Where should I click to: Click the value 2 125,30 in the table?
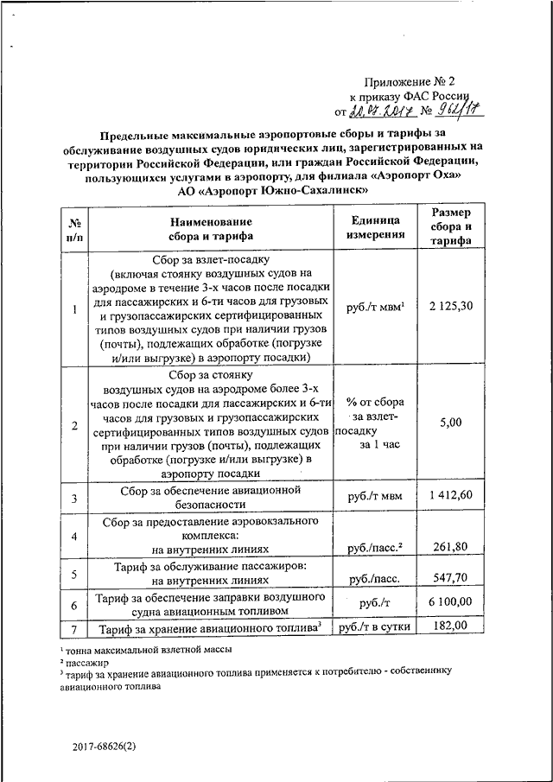point(452,308)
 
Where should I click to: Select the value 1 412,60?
point(451,495)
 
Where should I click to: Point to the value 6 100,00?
point(450,601)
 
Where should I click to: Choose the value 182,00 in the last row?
point(452,626)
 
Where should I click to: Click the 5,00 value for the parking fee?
point(451,422)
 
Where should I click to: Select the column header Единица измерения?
point(377,227)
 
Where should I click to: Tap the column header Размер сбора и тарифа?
point(452,226)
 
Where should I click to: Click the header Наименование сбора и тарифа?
point(211,227)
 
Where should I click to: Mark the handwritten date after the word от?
point(380,111)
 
